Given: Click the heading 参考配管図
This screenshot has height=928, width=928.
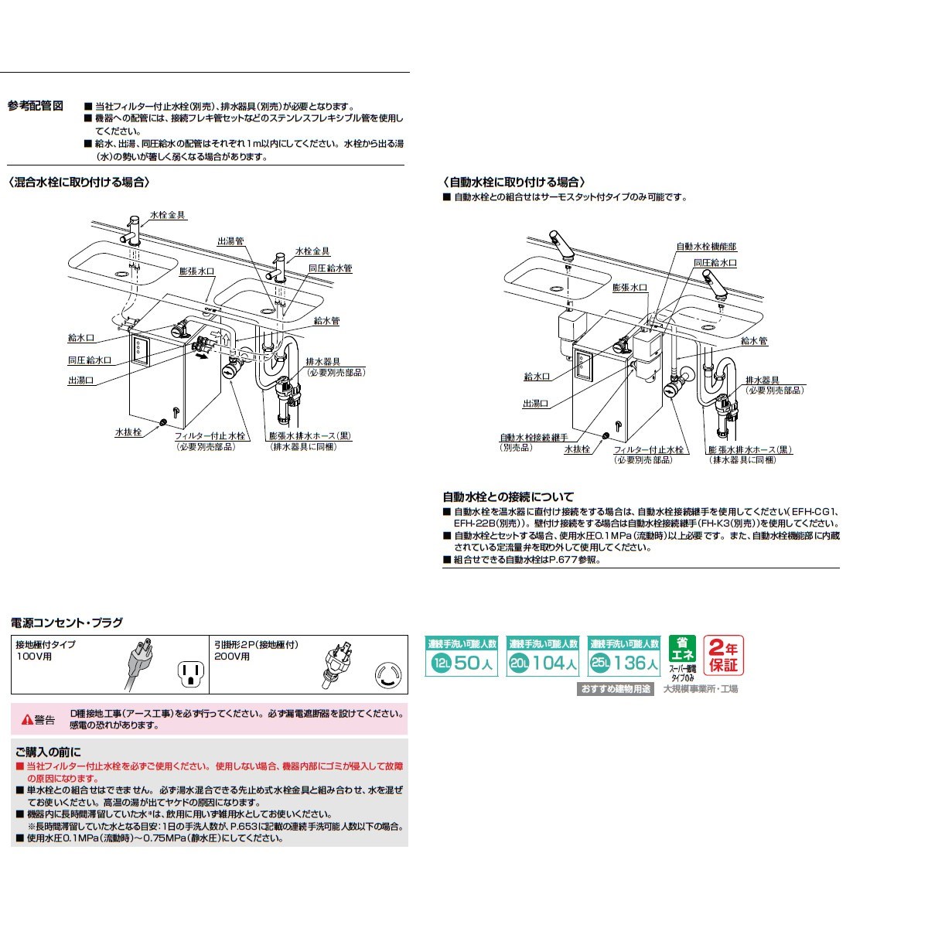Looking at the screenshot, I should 35,106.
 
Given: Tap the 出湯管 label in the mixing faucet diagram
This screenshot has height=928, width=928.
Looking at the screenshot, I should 230,241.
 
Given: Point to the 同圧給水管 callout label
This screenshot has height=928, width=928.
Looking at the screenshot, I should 330,268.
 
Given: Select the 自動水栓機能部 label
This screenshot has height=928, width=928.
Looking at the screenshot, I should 706,247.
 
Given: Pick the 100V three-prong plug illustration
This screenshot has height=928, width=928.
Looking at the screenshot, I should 136,663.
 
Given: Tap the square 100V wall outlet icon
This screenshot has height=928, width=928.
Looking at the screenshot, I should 189,672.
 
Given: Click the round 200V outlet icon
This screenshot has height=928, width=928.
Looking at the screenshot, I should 387,674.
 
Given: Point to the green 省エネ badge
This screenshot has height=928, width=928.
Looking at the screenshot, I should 681,649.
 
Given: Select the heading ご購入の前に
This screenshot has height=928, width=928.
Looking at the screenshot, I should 47,752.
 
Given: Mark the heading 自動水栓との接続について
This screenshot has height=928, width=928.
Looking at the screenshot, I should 508,496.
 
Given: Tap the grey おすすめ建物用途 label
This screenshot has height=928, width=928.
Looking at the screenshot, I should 616,688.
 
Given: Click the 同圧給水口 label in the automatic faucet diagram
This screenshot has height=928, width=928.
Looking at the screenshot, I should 715,263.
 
